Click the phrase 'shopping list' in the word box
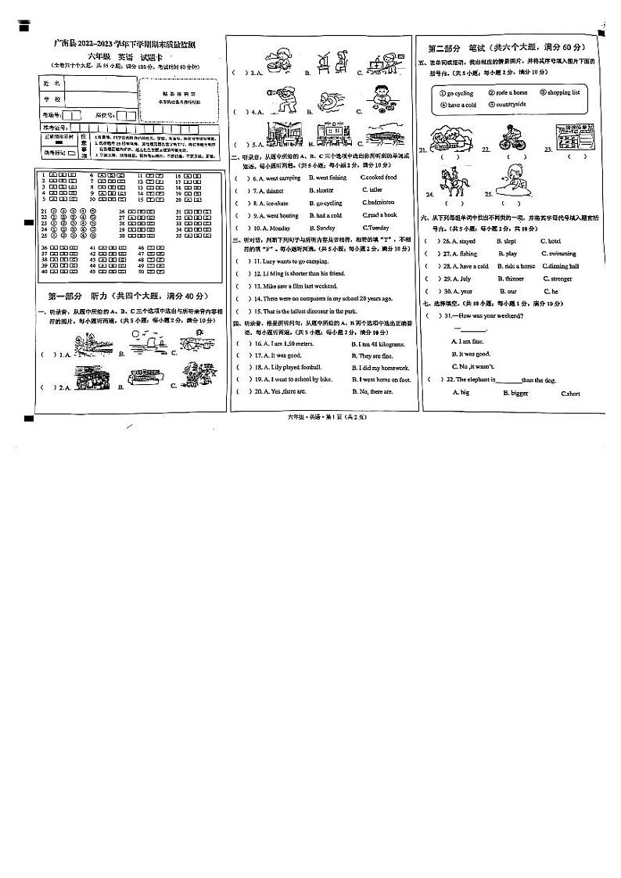tap(563, 92)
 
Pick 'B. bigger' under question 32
tap(515, 393)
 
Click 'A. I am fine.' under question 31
tap(468, 341)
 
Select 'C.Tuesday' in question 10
tap(375, 228)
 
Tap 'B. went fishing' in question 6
tap(328, 178)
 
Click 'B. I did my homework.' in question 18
tap(380, 367)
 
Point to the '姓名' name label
tap(51, 82)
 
